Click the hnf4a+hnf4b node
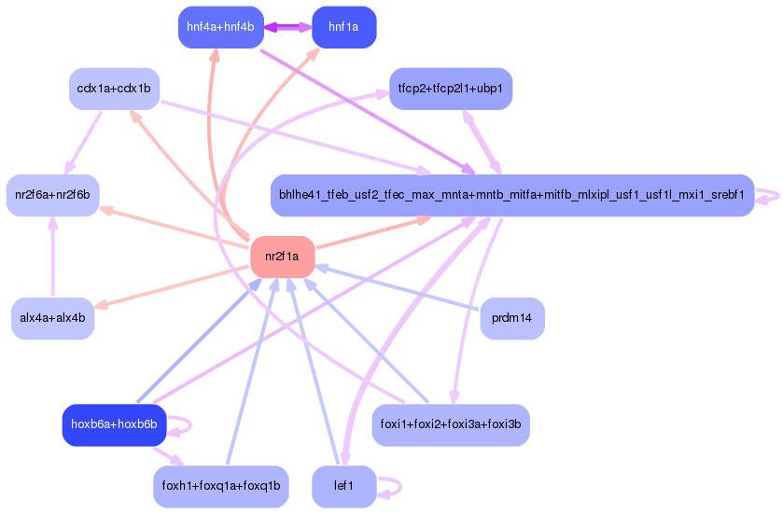click(220, 27)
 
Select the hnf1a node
click(343, 27)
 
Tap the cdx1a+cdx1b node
click(114, 89)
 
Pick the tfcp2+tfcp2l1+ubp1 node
click(450, 89)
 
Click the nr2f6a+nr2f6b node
click(53, 195)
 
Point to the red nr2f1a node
click(282, 257)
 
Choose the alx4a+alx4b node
click(53, 318)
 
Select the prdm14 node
click(511, 318)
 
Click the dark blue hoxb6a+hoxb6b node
click(114, 424)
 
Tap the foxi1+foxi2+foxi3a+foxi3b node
click(451, 424)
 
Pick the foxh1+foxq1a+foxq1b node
click(221, 486)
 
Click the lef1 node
click(343, 486)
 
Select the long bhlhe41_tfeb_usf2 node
click(511, 195)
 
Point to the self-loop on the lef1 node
click(392, 486)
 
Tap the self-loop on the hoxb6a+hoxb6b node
click(183, 424)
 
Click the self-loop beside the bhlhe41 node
click(771, 195)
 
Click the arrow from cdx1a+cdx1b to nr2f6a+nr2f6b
click(84, 140)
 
